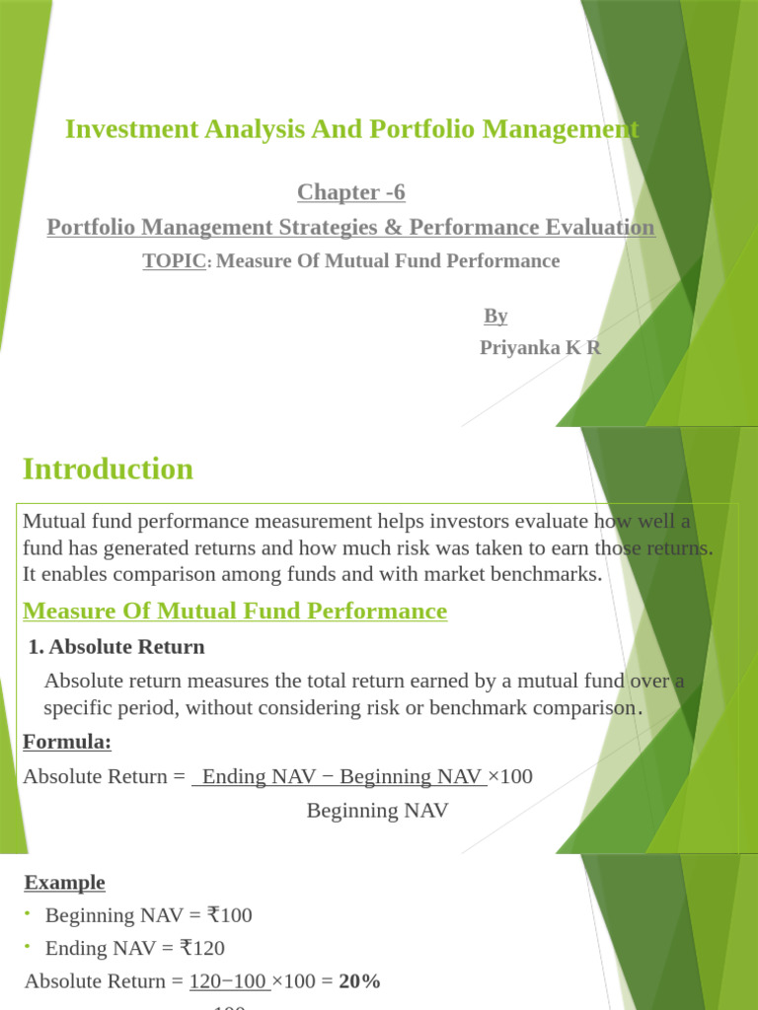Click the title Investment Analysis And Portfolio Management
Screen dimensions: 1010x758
351,129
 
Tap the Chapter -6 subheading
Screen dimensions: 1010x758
351,192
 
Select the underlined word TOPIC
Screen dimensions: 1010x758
176,261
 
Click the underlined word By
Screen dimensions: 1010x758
495,316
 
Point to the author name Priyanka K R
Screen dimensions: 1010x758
540,348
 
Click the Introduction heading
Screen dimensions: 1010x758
108,469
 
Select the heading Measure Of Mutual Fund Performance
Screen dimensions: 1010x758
235,612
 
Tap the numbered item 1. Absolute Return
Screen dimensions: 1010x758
116,647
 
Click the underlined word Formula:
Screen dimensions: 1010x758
67,742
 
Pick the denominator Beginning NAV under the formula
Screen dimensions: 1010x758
377,811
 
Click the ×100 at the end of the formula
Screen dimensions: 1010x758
510,777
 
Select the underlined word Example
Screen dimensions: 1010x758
65,882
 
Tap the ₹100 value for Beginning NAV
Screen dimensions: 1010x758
230,915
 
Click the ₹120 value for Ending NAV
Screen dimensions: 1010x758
202,949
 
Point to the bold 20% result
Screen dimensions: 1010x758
359,981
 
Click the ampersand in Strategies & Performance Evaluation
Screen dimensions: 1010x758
398,228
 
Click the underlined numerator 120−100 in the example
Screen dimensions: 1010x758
229,981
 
